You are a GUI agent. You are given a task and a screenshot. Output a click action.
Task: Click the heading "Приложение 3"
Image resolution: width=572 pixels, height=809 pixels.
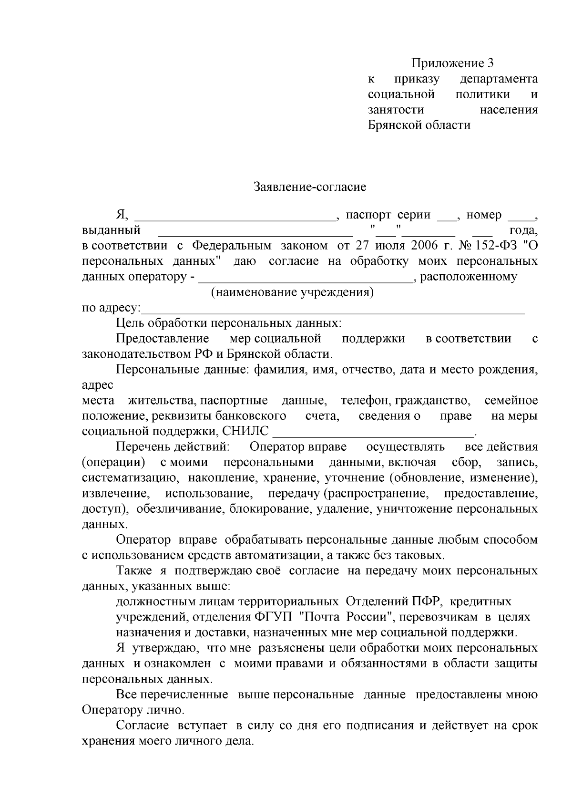pyautogui.click(x=452, y=63)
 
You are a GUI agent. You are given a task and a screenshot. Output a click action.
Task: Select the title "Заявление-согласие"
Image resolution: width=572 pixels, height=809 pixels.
pyautogui.click(x=309, y=187)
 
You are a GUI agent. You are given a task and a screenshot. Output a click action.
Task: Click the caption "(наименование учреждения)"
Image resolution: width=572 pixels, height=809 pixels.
pyautogui.click(x=292, y=292)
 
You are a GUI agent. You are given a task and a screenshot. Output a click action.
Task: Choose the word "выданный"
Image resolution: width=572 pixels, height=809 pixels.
pyautogui.click(x=111, y=231)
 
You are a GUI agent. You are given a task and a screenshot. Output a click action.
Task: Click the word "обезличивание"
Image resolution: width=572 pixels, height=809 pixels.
pyautogui.click(x=180, y=509)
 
